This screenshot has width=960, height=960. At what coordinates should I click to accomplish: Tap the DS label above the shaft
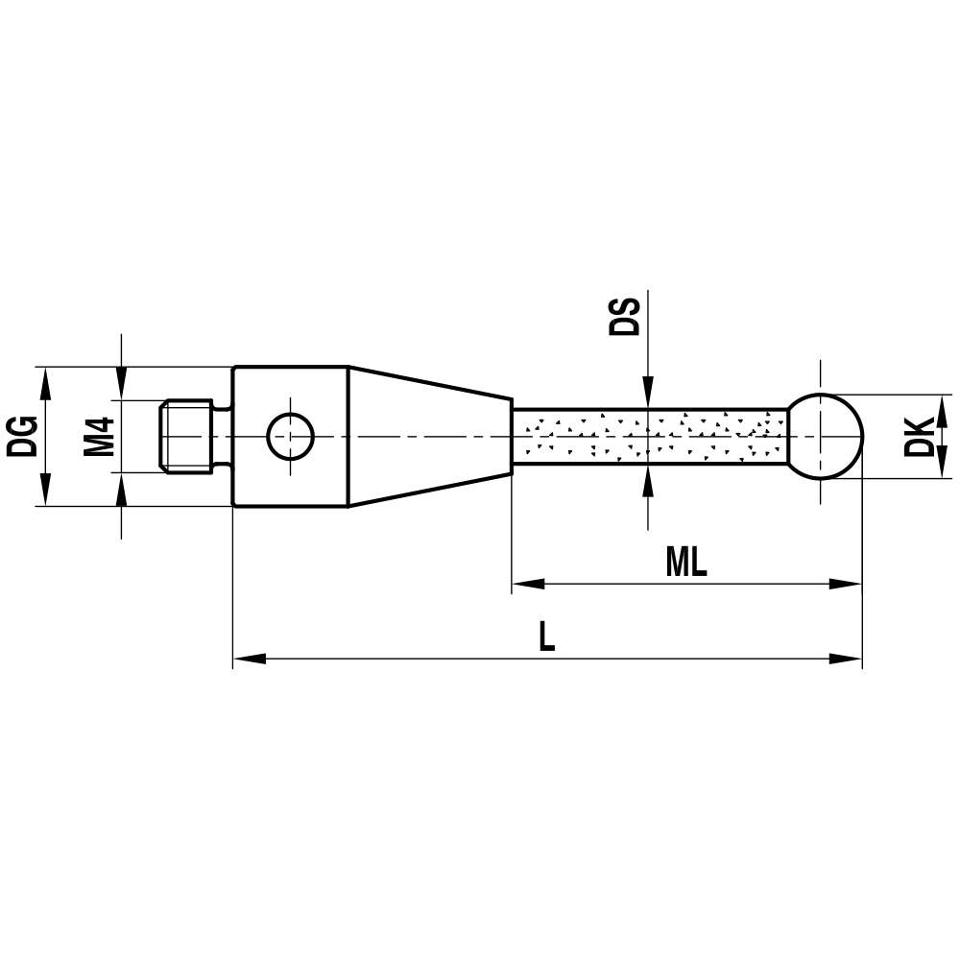625,316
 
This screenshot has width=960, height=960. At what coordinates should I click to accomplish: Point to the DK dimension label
920,436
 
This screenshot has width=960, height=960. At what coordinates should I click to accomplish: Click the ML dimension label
685,564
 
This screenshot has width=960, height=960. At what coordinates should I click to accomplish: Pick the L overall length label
546,637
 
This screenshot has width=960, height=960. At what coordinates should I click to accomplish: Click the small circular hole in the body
290,436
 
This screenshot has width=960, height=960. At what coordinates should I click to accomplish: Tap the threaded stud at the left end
185,436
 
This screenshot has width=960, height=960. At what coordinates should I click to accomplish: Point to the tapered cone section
428,436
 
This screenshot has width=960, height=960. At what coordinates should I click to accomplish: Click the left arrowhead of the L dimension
249,659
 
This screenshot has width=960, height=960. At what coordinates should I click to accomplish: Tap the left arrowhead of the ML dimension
527,583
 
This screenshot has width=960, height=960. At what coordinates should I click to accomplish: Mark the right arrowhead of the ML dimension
846,583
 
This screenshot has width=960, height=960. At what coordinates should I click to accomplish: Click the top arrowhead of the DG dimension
42,381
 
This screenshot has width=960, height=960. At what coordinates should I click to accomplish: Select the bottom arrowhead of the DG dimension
42,491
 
